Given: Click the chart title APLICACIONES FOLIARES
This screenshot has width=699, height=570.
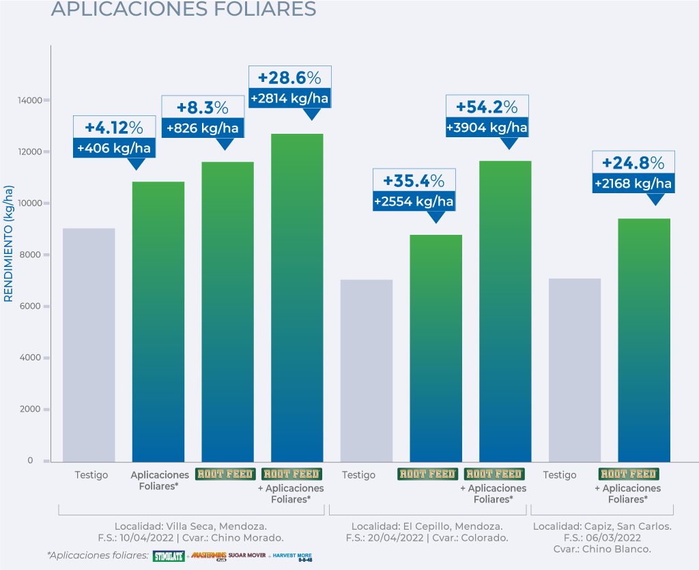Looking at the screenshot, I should [184, 9].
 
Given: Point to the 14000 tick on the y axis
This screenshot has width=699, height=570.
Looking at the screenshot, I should [30, 100].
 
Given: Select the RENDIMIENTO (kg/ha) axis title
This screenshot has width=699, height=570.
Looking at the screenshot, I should [9, 242].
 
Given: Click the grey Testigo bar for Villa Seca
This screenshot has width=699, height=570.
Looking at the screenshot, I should [89, 345].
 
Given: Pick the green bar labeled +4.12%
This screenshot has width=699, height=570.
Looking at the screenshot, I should [158, 321].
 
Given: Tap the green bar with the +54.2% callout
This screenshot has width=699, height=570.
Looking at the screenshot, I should [505, 311].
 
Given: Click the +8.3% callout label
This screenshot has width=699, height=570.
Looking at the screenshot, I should [203, 108].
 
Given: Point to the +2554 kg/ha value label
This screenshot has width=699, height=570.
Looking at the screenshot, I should [414, 202].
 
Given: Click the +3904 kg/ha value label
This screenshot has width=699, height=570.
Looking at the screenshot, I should [487, 128].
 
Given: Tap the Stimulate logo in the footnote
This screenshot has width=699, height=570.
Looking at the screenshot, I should [169, 556].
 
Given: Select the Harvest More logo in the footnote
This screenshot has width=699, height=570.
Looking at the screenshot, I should [292, 556].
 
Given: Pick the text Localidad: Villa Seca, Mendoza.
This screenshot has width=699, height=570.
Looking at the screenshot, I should [190, 526].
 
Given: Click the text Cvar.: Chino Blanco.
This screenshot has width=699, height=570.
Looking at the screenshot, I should [601, 549].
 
